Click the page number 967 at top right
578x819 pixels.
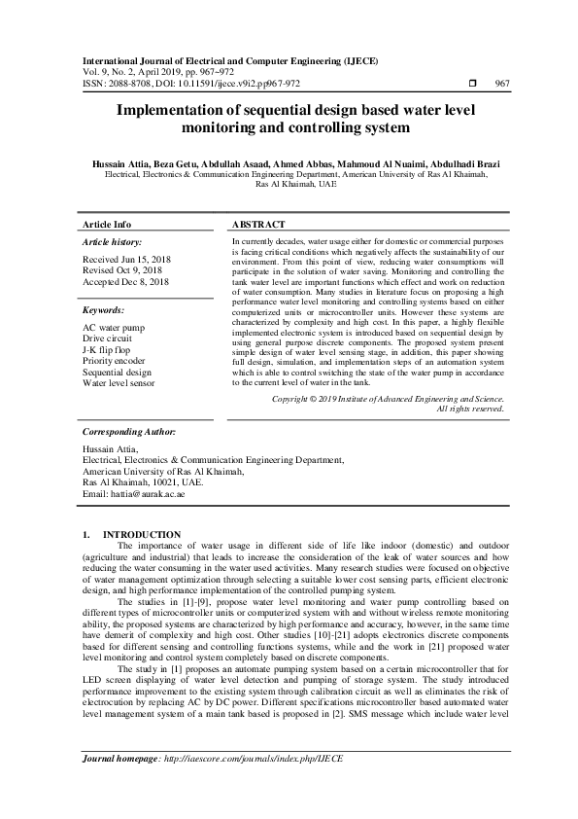501,84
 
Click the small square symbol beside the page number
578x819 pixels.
471,84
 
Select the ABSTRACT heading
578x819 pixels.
259,224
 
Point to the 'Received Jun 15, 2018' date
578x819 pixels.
127,261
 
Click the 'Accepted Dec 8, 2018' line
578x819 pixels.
126,282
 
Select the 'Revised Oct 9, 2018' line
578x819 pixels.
122,271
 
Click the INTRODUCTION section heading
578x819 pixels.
141,535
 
